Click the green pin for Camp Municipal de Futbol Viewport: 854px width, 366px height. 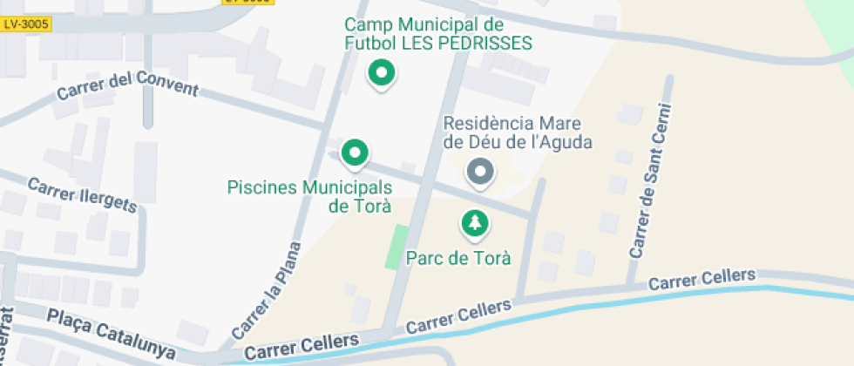tap(380, 73)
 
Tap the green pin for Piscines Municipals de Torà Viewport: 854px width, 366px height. tap(354, 154)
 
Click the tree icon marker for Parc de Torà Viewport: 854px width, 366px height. tap(474, 224)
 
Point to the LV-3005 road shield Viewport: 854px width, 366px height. tap(26, 25)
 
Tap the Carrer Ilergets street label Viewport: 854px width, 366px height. tap(83, 195)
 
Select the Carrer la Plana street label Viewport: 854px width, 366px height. tap(267, 290)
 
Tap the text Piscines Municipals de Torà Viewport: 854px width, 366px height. tap(309, 197)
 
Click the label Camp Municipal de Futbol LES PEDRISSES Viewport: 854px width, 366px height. tap(437, 34)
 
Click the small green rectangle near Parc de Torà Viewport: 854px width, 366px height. tap(397, 247)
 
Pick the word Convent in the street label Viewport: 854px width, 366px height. tap(168, 88)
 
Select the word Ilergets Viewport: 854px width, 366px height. tap(105, 201)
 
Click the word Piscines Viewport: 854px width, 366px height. tap(262, 187)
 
